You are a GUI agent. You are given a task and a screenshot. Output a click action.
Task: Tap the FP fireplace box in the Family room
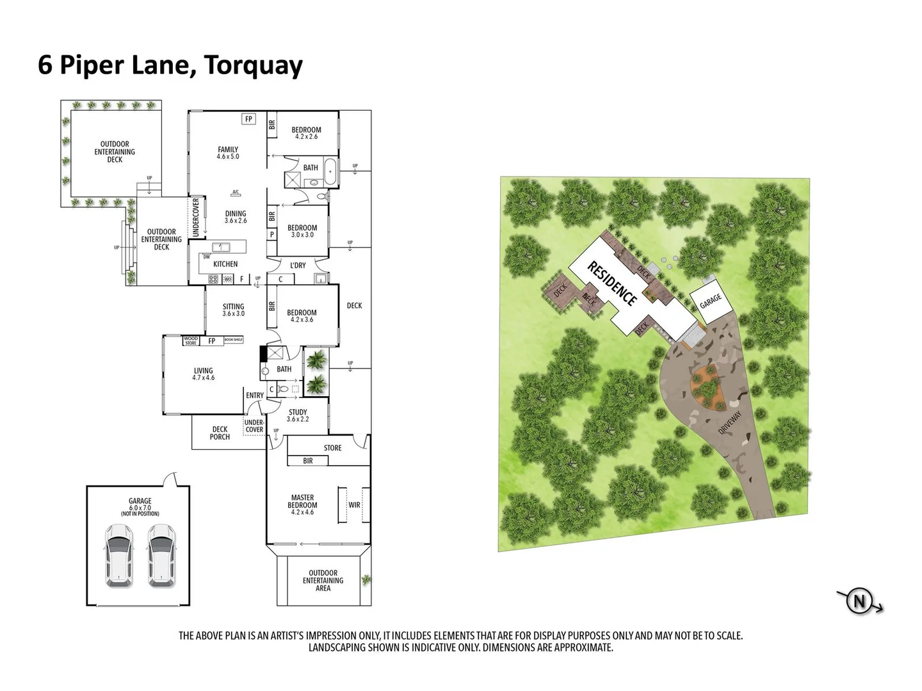click(x=249, y=119)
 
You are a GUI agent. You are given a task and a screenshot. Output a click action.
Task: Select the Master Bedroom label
click(x=302, y=504)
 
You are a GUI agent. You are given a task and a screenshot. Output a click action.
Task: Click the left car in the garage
click(x=119, y=555)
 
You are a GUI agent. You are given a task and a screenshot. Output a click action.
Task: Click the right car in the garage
click(x=162, y=555)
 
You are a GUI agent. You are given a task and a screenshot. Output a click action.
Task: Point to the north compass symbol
click(x=859, y=601)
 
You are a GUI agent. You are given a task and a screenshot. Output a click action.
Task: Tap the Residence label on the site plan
click(x=612, y=284)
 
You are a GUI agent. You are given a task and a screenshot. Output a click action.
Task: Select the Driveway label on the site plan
click(x=729, y=423)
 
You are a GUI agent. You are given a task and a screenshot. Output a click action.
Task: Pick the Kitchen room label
click(x=225, y=264)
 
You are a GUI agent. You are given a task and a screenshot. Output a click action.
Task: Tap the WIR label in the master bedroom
click(x=354, y=505)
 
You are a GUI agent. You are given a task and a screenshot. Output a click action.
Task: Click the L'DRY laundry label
click(x=298, y=265)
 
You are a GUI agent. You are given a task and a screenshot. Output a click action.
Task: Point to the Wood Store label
click(x=191, y=341)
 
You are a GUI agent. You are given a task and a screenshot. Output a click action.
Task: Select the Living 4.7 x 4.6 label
click(x=204, y=374)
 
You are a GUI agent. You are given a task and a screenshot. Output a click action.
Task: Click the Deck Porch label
click(x=220, y=433)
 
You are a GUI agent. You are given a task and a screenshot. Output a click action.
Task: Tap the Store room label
click(x=332, y=448)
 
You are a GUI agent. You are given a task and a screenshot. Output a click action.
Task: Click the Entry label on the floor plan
click(x=254, y=395)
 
